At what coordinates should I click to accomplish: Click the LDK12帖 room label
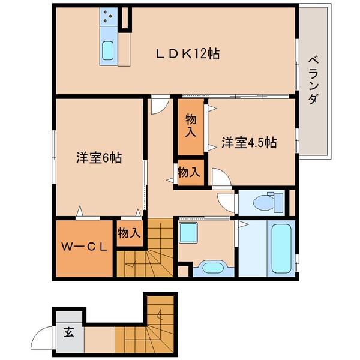pos(187,54)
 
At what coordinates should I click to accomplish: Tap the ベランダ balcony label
pos(313,81)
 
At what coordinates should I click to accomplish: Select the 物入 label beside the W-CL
pos(129,232)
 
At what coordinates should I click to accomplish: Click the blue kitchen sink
pos(109,50)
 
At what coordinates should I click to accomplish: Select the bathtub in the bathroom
pos(281,247)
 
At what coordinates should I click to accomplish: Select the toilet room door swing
pos(227,202)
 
